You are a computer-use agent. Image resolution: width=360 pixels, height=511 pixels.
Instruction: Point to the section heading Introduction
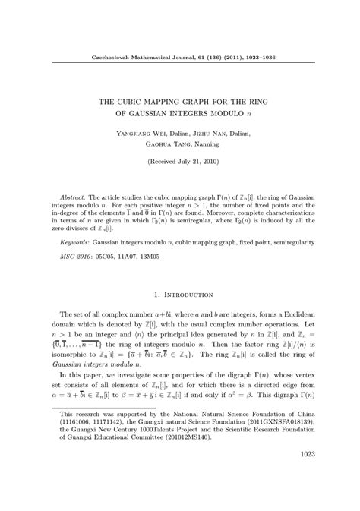point(185,292)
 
